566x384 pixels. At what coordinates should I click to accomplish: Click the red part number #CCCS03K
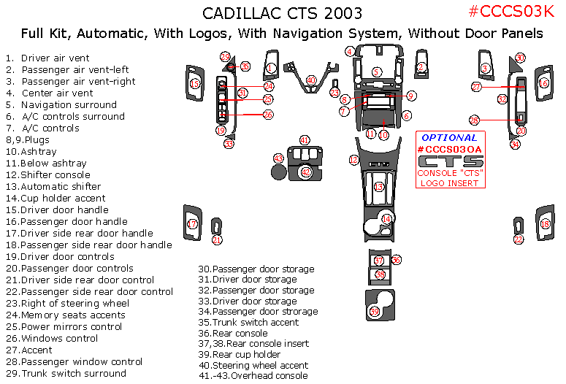[x=513, y=11]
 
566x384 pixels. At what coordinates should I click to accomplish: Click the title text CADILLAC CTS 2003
[x=281, y=14]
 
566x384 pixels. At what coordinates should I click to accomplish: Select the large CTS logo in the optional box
[x=450, y=161]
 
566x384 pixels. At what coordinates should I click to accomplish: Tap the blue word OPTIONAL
[x=450, y=137]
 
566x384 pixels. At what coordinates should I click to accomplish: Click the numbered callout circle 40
[x=311, y=80]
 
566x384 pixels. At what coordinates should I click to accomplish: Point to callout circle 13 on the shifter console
[x=379, y=187]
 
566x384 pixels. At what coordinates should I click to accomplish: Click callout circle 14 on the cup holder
[x=386, y=218]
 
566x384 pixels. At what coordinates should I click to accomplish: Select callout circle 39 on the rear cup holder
[x=375, y=312]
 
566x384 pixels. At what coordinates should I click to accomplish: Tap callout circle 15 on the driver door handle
[x=194, y=84]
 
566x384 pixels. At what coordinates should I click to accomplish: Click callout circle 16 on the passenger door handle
[x=543, y=83]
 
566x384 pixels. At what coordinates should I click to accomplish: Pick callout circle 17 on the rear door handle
[x=193, y=224]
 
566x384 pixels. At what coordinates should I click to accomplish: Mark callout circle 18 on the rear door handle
[x=545, y=224]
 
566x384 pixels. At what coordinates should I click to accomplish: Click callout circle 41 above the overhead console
[x=305, y=139]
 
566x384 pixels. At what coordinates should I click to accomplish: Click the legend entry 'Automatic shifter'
[x=61, y=186]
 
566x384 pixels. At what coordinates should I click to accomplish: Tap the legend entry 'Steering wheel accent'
[x=253, y=365]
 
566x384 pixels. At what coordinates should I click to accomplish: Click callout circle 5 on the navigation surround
[x=376, y=72]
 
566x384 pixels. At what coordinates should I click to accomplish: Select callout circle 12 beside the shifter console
[x=353, y=159]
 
